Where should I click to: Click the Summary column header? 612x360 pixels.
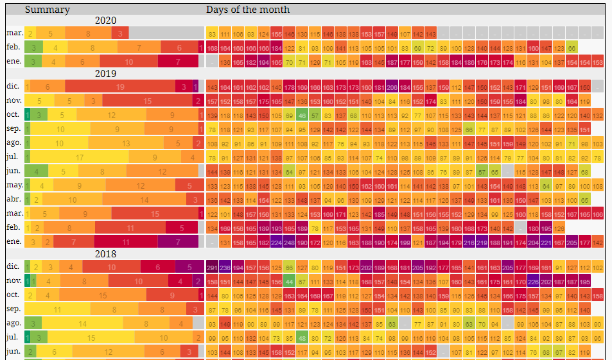[48, 10]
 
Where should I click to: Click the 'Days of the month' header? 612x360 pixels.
[248, 10]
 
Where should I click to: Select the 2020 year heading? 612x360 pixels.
[105, 21]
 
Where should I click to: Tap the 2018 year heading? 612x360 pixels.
[105, 253]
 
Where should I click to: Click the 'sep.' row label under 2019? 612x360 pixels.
[14, 129]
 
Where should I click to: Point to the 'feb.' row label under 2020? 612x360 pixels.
[14, 47]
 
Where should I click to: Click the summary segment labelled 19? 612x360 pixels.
[120, 87]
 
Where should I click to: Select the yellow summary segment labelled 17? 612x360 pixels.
[80, 157]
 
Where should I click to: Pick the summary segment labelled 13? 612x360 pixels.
[126, 143]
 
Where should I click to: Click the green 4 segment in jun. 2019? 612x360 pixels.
[37, 171]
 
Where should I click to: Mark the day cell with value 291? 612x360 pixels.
[212, 268]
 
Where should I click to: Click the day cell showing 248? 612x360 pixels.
[289, 242]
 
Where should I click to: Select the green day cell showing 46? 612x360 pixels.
[302, 115]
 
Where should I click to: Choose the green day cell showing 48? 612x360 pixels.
[302, 338]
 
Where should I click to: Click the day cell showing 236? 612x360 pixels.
[225, 268]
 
